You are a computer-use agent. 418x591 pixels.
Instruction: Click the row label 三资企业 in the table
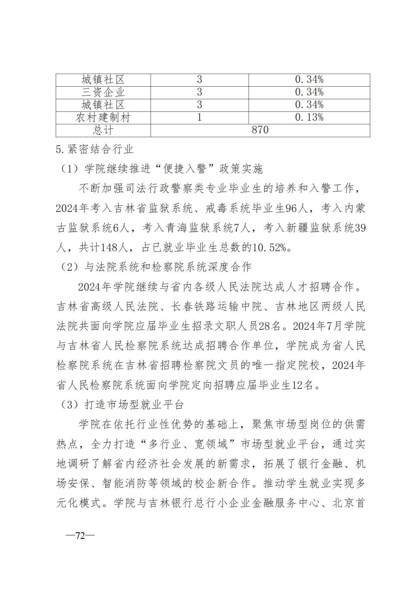[103, 92]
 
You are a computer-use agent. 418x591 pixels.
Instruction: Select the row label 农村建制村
[103, 118]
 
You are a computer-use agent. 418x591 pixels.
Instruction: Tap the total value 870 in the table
[260, 130]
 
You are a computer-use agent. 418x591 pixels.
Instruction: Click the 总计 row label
[103, 130]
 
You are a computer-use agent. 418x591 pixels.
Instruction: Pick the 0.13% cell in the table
[309, 118]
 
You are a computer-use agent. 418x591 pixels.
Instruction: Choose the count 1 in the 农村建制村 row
[199, 118]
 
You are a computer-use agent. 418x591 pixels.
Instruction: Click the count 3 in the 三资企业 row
[199, 92]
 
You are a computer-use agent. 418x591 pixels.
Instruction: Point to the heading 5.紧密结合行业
[94, 149]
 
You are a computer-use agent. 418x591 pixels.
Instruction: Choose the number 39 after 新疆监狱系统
[360, 228]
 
